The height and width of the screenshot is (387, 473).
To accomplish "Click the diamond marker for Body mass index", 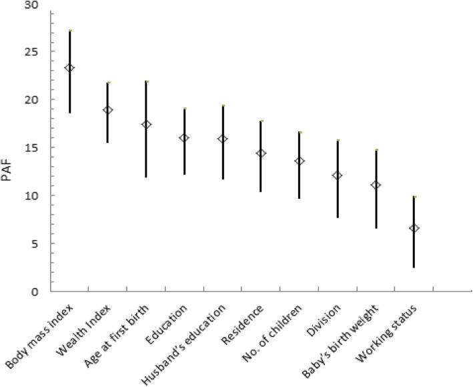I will pos(69,68).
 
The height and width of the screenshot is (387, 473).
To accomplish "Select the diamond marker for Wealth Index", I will pos(107,110).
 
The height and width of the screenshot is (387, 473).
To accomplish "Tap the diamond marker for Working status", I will pos(414,228).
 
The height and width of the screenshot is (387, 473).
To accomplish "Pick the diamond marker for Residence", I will pos(261,153).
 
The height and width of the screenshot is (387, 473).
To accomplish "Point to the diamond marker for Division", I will pos(338,175).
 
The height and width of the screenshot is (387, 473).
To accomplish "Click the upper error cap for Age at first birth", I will pos(146,81).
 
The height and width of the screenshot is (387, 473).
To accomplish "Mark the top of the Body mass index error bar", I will pos(69,31).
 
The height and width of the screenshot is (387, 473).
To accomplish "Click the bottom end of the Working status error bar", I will pos(414,267).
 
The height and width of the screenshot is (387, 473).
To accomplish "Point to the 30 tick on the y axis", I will pos(32,5).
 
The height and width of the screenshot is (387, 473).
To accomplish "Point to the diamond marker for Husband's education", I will pos(223,139).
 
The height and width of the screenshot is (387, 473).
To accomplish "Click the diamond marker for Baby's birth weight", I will pos(376,185).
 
